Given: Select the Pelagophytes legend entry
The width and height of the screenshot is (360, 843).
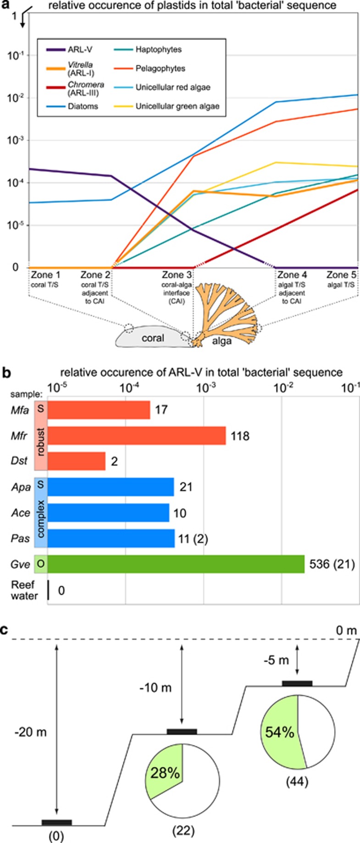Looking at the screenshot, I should [160, 68].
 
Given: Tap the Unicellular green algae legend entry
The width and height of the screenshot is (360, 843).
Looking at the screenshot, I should [177, 106].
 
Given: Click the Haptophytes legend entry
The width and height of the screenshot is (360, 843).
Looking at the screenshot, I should [158, 50].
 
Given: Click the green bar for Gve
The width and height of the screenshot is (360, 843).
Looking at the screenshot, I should [176, 563].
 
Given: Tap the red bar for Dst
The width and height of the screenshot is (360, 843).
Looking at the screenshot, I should [76, 461].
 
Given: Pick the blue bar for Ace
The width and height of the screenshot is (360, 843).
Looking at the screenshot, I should [108, 512].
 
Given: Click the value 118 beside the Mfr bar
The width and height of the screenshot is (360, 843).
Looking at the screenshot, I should [240, 435].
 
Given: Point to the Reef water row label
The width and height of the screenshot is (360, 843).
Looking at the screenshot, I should [24, 590].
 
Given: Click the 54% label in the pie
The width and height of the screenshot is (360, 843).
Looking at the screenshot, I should [279, 732].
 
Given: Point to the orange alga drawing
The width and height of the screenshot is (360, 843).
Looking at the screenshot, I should [227, 316].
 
